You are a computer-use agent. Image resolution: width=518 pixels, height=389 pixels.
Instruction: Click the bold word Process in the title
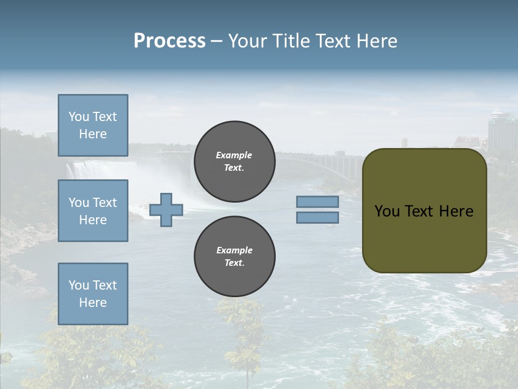click(169, 41)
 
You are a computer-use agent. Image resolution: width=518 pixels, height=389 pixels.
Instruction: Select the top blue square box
click(93, 125)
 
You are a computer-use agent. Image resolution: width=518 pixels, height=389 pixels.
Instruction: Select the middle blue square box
click(93, 211)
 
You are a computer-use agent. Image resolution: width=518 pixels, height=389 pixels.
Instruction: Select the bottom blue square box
click(93, 293)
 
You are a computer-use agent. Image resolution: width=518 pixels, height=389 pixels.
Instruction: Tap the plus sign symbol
click(166, 210)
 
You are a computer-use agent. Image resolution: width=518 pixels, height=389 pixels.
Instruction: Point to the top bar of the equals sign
click(317, 202)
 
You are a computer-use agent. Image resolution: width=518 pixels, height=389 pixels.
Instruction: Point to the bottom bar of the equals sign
click(317, 217)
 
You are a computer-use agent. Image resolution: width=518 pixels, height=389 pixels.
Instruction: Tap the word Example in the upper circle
click(234, 155)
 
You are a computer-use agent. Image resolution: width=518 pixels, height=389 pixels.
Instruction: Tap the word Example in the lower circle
click(234, 250)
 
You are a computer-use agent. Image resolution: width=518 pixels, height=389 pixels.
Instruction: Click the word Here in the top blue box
click(93, 134)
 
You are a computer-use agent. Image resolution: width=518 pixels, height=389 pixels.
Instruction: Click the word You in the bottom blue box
click(78, 285)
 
